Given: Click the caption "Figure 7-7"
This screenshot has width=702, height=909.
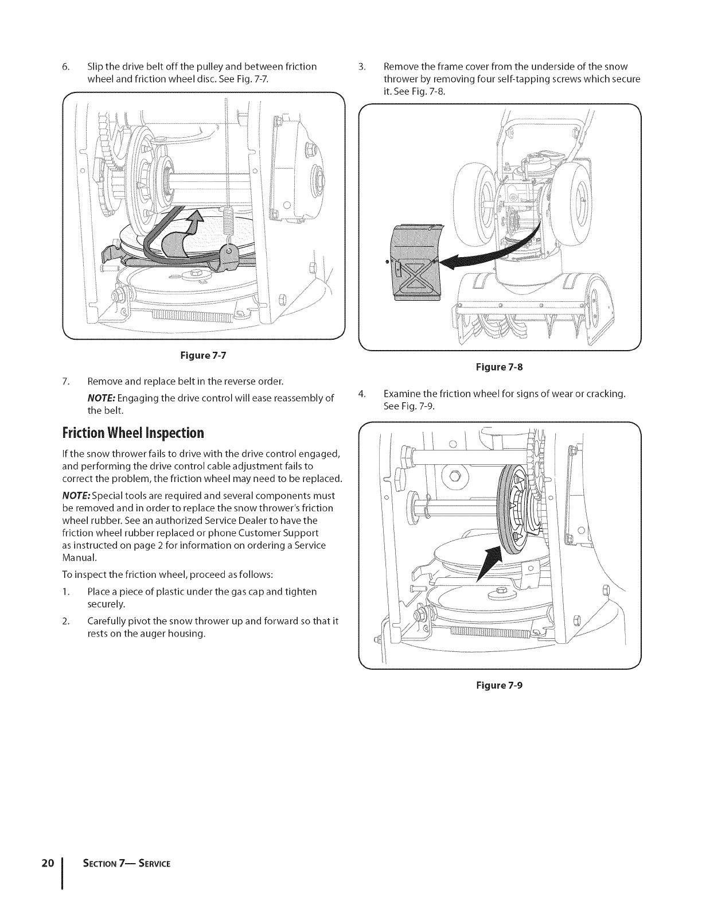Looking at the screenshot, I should coord(204,355).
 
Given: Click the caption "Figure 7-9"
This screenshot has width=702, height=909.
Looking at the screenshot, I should coord(498,685).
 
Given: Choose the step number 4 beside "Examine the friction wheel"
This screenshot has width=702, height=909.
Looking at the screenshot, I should coord(361,394).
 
